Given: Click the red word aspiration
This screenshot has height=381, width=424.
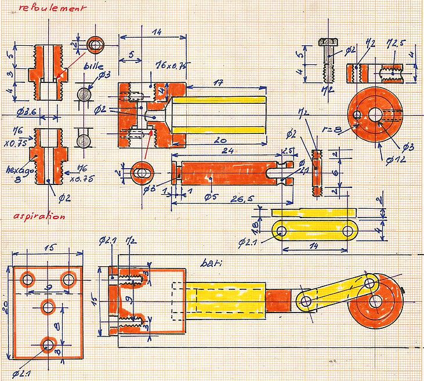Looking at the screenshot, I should tap(39, 216).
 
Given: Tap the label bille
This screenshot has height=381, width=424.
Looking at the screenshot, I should tap(93, 66).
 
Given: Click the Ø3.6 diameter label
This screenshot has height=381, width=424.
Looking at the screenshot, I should tap(27, 111).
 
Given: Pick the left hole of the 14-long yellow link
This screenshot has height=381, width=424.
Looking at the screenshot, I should tap(282, 231).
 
